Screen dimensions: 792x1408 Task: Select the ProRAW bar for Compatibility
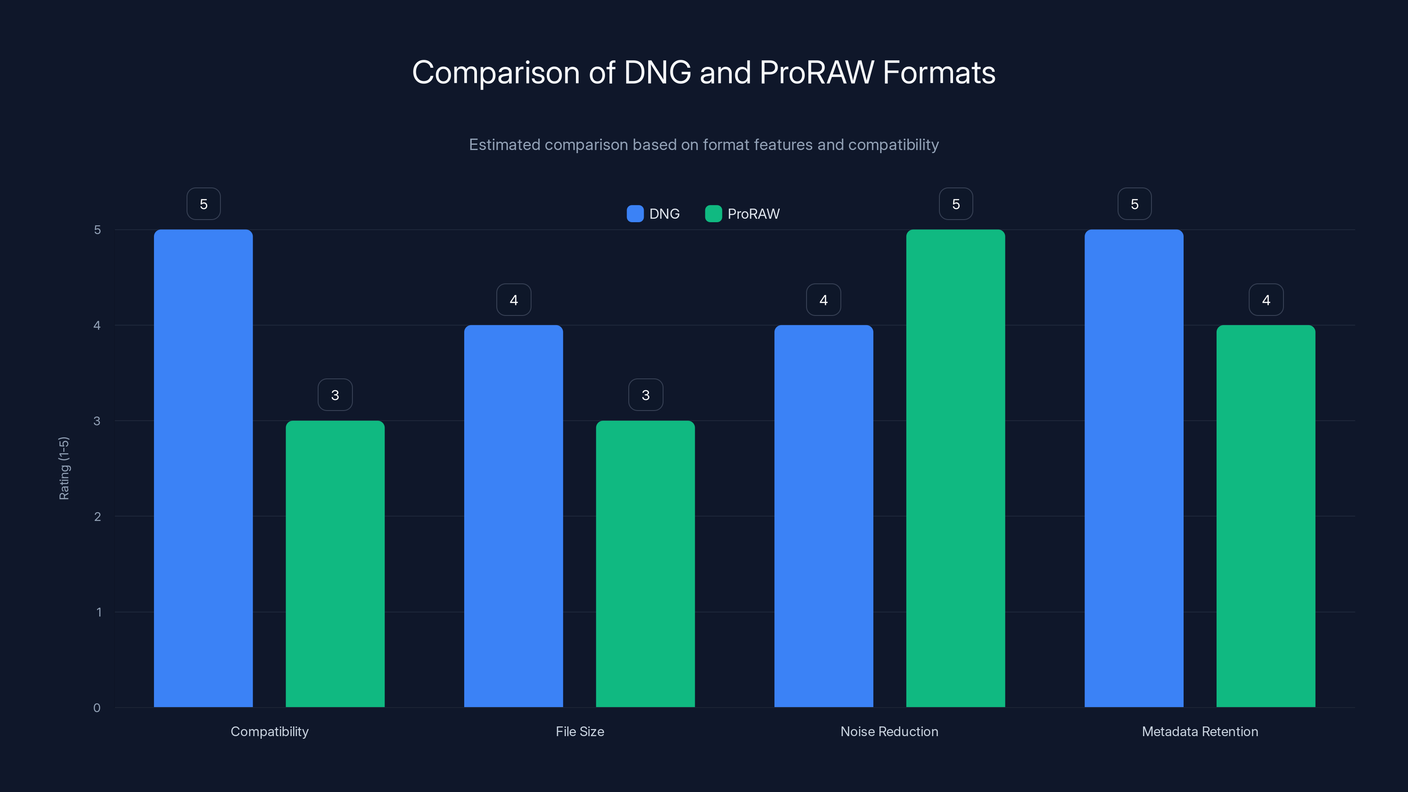pyautogui.click(x=335, y=564)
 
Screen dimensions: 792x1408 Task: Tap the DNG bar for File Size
pyautogui.click(x=513, y=516)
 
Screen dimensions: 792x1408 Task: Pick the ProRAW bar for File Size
pyautogui.click(x=645, y=564)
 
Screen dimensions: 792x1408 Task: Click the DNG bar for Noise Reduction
pyautogui.click(x=823, y=516)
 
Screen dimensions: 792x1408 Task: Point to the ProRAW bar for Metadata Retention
pyautogui.click(x=1265, y=516)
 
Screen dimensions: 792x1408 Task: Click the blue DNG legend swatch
pyautogui.click(x=634, y=214)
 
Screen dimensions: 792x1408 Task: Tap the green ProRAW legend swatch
pyautogui.click(x=713, y=214)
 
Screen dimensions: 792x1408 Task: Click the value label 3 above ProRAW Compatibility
pyautogui.click(x=335, y=395)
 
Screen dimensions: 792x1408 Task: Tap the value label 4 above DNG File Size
pyautogui.click(x=513, y=300)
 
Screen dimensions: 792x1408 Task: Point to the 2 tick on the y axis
pyautogui.click(x=97, y=517)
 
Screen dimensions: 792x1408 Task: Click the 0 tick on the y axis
pyautogui.click(x=97, y=708)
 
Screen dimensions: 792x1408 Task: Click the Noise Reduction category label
pyautogui.click(x=889, y=731)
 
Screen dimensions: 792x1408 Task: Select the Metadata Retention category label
pyautogui.click(x=1200, y=731)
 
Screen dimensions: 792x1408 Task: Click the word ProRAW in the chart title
pyautogui.click(x=817, y=73)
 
